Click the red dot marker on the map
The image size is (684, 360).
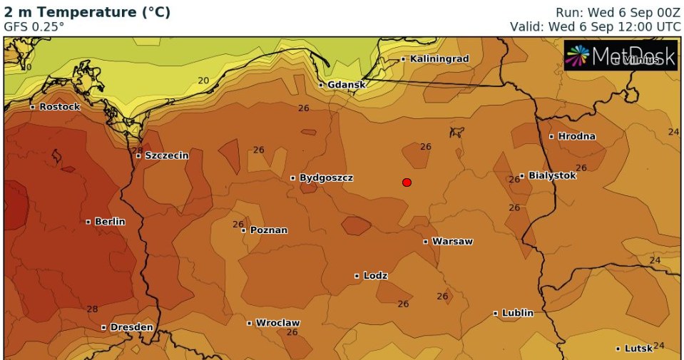[407, 182]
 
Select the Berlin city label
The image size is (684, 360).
[109, 222]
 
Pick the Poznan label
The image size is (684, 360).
[268, 230]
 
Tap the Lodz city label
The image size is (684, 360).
[375, 275]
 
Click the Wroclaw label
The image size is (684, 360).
[277, 323]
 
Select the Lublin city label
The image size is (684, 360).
[517, 313]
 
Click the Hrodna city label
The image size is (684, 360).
[576, 136]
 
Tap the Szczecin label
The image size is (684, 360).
[166, 155]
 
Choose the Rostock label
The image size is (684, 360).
[59, 107]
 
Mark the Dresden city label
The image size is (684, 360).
[131, 327]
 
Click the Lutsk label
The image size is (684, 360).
[638, 349]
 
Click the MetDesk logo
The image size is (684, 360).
[620, 56]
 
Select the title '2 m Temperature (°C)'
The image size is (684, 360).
[87, 12]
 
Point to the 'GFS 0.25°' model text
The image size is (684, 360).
[34, 26]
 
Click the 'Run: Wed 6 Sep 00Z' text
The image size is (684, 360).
[618, 12]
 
